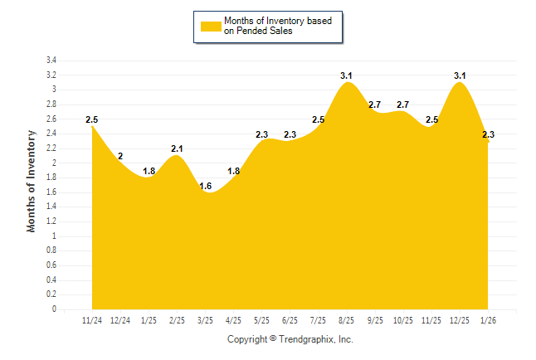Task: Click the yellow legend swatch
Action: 211,27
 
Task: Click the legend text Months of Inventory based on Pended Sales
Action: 272,25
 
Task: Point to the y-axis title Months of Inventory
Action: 32,180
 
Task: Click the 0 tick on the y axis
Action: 54,309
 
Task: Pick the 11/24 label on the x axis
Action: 92,320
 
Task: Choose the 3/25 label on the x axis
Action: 206,320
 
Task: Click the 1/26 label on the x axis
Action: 489,320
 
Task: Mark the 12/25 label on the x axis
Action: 460,320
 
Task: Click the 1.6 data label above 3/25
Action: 206,186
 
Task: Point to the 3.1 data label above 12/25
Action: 460,76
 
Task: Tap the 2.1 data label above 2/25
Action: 177,149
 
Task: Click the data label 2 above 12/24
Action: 120,156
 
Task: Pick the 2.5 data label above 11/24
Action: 92,120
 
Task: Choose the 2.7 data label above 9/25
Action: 375,105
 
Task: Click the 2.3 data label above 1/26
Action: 489,135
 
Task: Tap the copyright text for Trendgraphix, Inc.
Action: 290,339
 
